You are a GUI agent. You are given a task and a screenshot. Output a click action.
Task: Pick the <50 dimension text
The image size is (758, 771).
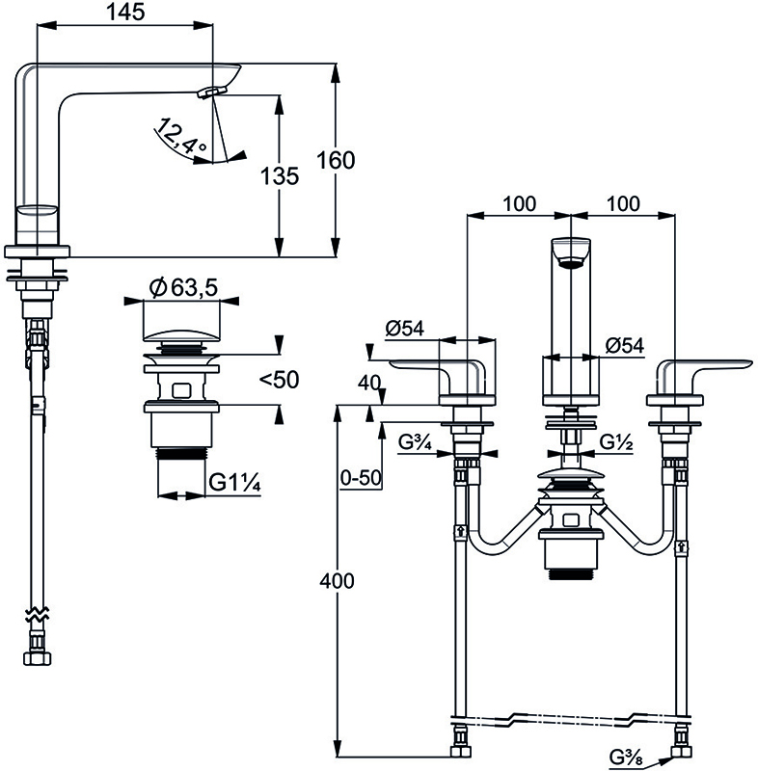click(279, 380)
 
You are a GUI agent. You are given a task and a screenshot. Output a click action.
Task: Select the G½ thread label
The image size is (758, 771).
click(614, 443)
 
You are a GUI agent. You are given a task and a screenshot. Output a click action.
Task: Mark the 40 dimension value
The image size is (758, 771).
click(368, 383)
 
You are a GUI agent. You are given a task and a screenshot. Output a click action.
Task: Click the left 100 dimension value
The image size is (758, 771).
click(519, 204)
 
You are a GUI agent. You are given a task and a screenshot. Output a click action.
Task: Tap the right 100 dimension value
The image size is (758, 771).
click(624, 204)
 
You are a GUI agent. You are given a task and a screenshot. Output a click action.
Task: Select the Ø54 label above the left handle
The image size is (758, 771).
click(405, 328)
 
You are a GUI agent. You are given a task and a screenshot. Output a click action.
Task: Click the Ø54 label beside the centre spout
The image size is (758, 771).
click(624, 344)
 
